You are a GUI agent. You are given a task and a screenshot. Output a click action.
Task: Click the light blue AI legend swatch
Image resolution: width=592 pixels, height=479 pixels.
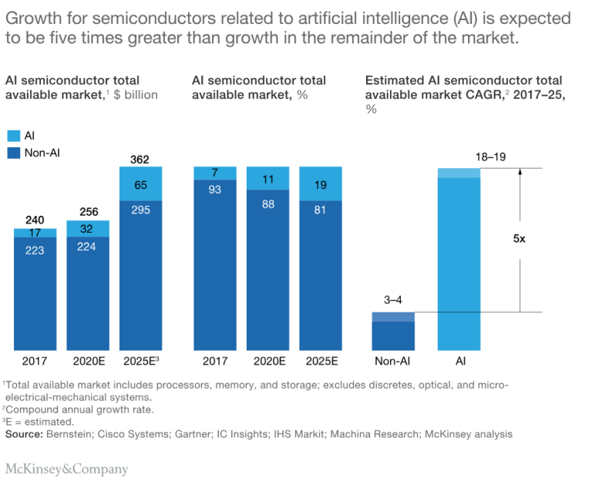click(12, 135)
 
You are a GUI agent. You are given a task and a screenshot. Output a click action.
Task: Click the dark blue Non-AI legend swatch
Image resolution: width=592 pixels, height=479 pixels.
click(12, 153)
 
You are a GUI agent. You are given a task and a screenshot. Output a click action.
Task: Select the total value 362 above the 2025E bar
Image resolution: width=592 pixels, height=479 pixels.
click(140, 160)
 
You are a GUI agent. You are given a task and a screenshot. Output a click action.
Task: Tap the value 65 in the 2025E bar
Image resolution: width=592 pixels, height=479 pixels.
click(140, 185)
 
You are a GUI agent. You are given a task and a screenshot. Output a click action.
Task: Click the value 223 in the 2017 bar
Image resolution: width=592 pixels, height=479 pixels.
click(35, 250)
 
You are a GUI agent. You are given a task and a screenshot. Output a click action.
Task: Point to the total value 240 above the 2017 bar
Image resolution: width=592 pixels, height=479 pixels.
click(35, 220)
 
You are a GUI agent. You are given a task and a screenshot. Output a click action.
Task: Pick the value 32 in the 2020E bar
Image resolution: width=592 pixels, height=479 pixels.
click(87, 228)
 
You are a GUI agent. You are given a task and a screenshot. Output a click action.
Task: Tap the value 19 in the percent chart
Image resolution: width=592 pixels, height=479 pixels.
click(319, 184)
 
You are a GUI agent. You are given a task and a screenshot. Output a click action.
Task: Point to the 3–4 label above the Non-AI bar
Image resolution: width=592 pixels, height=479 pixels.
click(393, 300)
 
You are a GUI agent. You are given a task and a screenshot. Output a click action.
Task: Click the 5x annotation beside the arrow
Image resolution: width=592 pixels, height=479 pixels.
click(520, 239)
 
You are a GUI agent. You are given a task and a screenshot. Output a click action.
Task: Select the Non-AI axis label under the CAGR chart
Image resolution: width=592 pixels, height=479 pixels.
click(393, 361)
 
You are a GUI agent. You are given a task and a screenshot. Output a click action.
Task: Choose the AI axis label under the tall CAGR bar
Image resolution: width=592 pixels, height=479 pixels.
click(459, 361)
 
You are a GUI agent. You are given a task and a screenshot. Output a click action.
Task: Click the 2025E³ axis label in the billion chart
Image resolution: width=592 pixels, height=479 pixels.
click(140, 361)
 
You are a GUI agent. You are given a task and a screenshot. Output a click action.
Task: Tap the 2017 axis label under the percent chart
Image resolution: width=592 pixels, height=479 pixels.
click(214, 361)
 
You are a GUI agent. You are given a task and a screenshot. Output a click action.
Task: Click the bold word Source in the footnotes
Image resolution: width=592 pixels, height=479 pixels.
click(24, 434)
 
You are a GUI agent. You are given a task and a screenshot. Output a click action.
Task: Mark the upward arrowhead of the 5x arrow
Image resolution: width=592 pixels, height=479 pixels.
click(520, 173)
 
